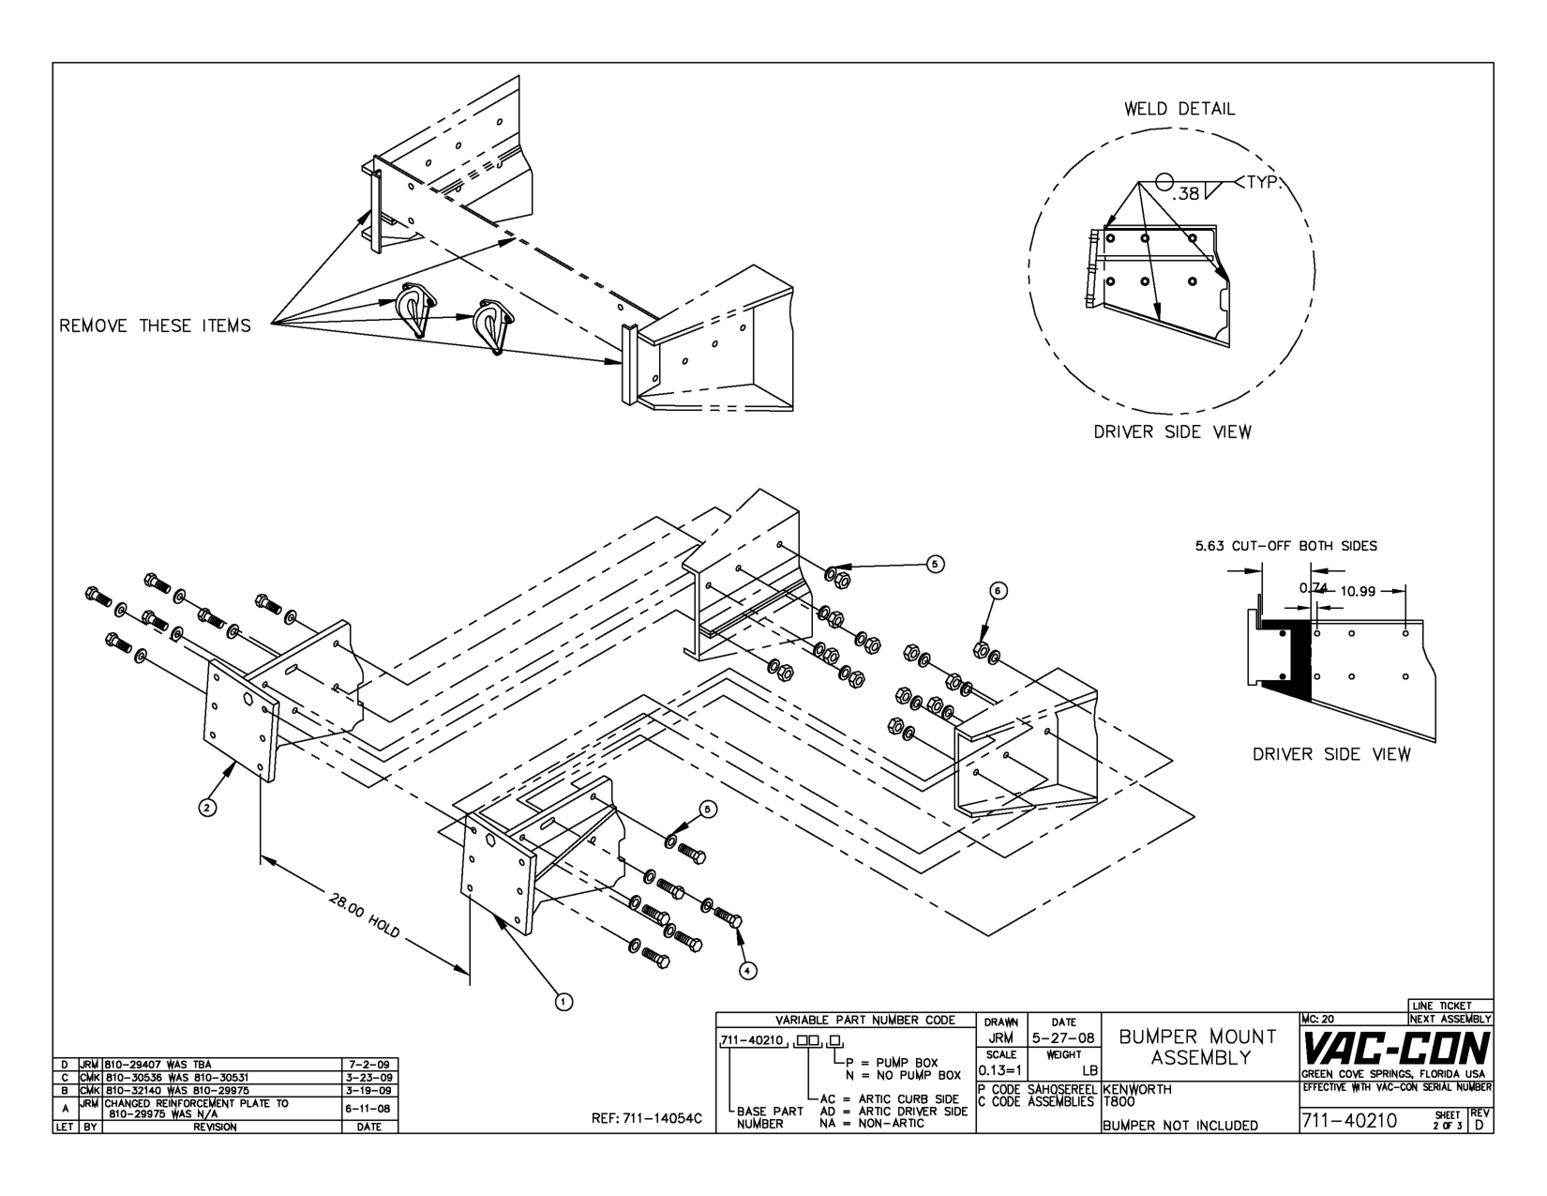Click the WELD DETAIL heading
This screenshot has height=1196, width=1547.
(x=1179, y=109)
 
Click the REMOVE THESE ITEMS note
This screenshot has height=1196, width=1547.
(x=155, y=326)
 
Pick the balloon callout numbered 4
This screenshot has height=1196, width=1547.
(x=746, y=971)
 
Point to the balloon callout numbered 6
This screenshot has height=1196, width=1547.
(x=999, y=590)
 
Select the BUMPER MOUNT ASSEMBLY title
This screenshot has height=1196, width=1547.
(x=1196, y=1047)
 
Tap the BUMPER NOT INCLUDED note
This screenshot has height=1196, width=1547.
(x=1180, y=1126)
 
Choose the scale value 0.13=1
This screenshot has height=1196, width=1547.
(x=1000, y=1070)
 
